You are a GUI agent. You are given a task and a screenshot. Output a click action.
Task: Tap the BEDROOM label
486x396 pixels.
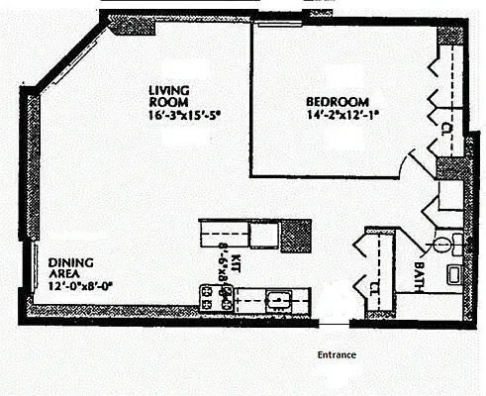point(336,101)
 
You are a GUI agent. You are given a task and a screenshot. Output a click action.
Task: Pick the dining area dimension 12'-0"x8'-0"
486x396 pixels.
point(81,286)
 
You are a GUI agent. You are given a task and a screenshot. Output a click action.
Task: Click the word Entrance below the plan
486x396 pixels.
point(337,354)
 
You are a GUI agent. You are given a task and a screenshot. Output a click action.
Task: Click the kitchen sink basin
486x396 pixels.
point(278,297)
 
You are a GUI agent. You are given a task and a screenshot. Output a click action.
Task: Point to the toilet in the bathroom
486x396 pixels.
point(443,242)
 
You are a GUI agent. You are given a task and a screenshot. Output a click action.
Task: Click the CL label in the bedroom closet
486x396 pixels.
point(446,129)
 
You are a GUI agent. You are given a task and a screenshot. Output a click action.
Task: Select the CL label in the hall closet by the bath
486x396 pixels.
point(374,288)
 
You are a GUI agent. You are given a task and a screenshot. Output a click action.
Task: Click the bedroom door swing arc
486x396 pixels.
point(414,163)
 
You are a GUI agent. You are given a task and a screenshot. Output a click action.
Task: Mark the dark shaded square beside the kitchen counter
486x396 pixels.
point(296,235)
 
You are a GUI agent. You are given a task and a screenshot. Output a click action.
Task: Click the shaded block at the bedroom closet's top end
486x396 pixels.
point(449,35)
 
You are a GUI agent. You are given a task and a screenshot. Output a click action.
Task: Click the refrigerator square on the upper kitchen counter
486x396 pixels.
point(263,234)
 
